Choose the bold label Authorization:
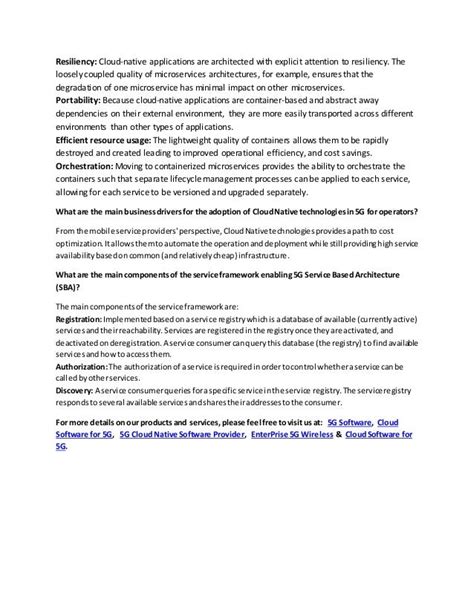point(87,368)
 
